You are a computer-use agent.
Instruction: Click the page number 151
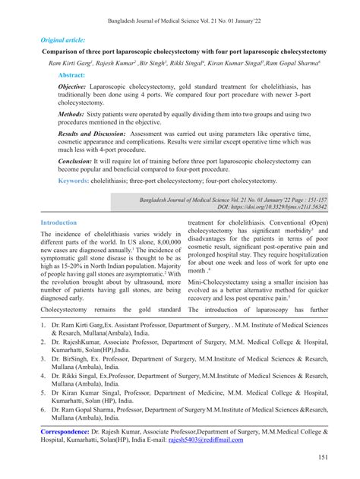tap(322, 458)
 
